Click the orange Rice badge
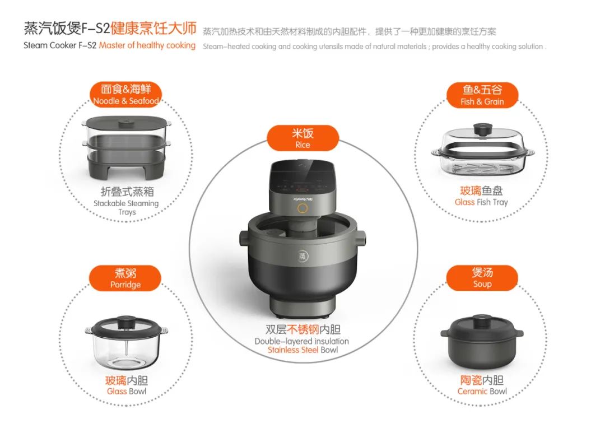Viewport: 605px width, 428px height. click(302, 138)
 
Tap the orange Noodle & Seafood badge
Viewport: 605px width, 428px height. click(126, 95)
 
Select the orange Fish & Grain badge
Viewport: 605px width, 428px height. click(482, 95)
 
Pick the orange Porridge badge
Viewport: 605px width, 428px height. click(125, 278)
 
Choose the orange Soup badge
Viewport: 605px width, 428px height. click(482, 277)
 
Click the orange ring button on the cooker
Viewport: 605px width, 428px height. click(302, 208)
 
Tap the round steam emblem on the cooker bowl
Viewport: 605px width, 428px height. click(303, 256)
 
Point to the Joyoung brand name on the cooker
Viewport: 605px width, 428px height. click(303, 199)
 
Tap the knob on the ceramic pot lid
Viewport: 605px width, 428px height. click(482, 320)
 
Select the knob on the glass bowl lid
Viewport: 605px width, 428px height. click(125, 322)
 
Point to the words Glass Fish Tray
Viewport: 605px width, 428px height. click(481, 202)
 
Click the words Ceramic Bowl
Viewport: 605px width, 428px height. click(482, 391)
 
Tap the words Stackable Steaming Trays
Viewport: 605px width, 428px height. click(126, 208)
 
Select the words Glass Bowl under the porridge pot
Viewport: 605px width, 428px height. click(127, 391)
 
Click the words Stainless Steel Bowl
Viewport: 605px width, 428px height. click(302, 350)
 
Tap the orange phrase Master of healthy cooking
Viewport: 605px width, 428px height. click(147, 45)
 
